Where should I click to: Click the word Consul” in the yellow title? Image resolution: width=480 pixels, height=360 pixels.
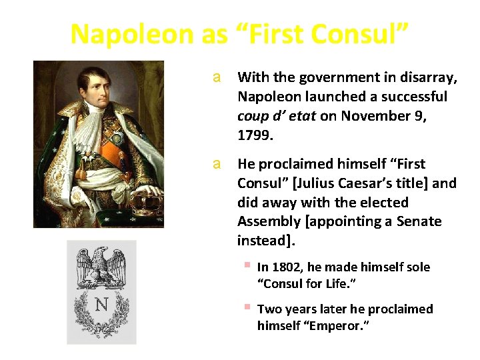[363, 35]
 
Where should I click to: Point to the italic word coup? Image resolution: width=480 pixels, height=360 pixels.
[253, 116]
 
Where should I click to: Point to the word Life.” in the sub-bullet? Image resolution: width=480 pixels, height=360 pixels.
[337, 283]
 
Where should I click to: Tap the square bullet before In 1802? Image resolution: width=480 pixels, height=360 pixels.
[247, 266]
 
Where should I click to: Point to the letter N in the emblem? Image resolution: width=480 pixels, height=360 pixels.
[101, 305]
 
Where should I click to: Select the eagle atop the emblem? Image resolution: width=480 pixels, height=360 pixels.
[101, 267]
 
